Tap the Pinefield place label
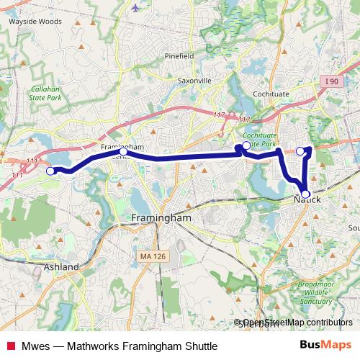(179, 55)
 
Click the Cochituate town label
(271, 94)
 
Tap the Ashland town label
(61, 266)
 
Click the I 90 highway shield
(332, 82)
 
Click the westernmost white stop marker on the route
(50, 171)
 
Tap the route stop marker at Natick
(306, 194)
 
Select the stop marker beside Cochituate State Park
(246, 146)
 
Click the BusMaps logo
(325, 345)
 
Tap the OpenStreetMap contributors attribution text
(295, 323)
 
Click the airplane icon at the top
(138, 8)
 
